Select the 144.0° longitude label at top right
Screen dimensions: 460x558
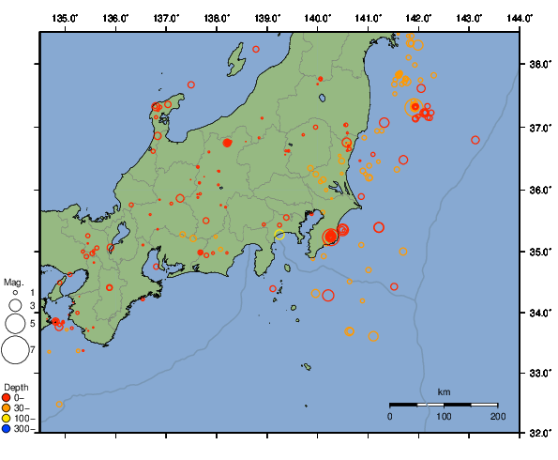coord(518,18)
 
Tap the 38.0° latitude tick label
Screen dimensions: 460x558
coord(539,65)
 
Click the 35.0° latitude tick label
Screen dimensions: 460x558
coord(539,252)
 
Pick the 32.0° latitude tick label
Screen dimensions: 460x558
coord(539,433)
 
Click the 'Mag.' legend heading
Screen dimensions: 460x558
coord(13,282)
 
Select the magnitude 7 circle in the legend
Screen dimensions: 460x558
coord(15,350)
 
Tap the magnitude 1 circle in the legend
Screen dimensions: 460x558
coord(16,292)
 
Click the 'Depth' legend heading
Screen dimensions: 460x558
coord(15,387)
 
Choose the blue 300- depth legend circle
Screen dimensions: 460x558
coord(7,429)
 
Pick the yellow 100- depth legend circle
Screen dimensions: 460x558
coord(7,418)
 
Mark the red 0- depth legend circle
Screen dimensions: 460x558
coord(7,397)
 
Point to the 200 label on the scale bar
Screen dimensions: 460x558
coord(497,416)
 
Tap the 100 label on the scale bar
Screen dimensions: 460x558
coord(444,416)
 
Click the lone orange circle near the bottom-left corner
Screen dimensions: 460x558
coord(59,405)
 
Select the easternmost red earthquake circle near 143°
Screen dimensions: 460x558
coord(475,140)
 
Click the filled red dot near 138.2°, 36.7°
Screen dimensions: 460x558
coord(227,143)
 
